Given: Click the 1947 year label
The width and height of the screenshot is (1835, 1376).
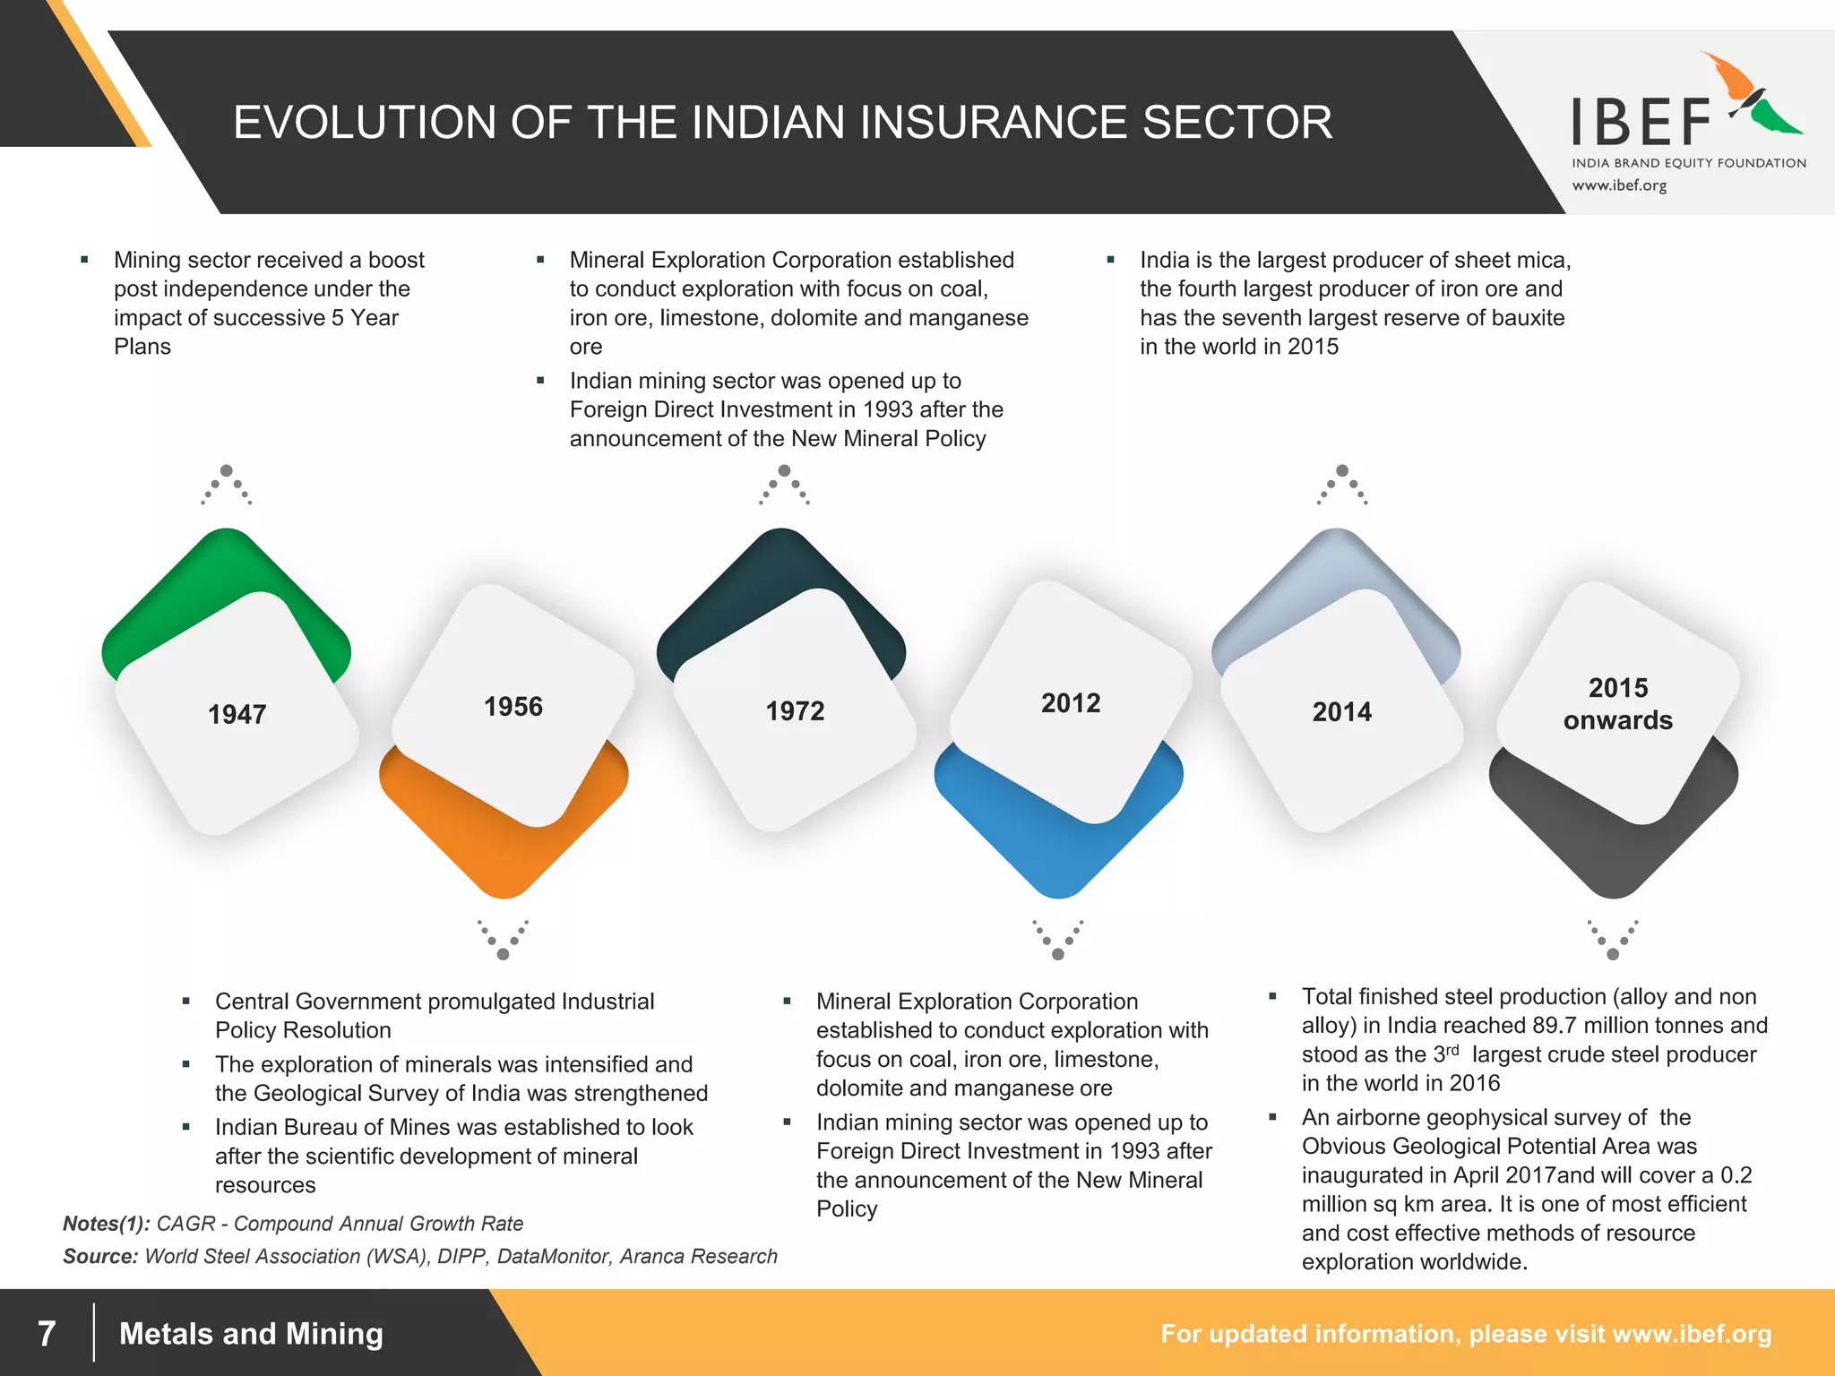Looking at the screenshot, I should pos(237,714).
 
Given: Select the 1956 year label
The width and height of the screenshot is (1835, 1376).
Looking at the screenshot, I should pos(513,707).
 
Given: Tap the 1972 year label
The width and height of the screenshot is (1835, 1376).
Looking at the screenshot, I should pos(795,711).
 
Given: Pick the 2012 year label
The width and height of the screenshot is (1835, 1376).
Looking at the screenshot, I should pos(1071,703).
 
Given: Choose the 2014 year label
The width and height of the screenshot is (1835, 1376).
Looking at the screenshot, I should pos(1341,712).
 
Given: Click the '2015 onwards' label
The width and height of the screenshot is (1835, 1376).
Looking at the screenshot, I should pos(1617,704).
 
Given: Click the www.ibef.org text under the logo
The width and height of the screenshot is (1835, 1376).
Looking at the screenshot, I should pos(1619,185).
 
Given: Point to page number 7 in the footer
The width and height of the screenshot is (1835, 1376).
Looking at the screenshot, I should pos(47,1333).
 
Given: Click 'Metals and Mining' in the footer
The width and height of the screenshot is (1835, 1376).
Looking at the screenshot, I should pos(251,1334).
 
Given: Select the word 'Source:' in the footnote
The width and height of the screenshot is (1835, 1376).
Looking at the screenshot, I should pos(100,1256).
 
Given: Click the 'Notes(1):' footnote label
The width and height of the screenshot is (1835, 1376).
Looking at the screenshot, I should pos(106,1224).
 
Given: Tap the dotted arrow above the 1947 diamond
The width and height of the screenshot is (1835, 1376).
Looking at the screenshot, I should pos(227,485).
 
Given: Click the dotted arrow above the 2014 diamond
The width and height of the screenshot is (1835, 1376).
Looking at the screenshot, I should pos(1342,485).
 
